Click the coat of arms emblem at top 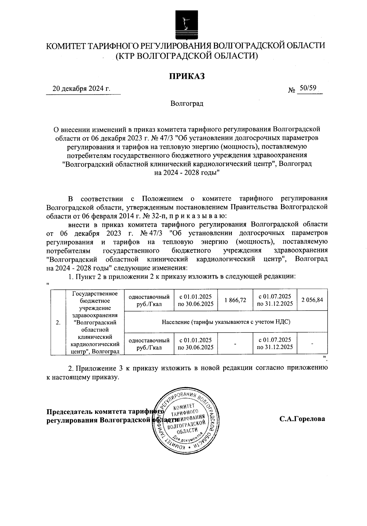pos(186,23)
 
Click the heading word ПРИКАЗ pos(187,76)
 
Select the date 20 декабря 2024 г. pos(81,89)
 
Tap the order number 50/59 pos(308,88)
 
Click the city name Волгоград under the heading pos(187,104)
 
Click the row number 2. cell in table pos(58,322)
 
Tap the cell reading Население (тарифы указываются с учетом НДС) pos(226,322)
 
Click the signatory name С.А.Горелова pos(302,419)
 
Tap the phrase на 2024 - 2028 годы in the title pos(187,172)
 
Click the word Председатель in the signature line pos(69,411)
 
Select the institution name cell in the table pos(95,322)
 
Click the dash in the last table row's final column pos(312,344)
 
